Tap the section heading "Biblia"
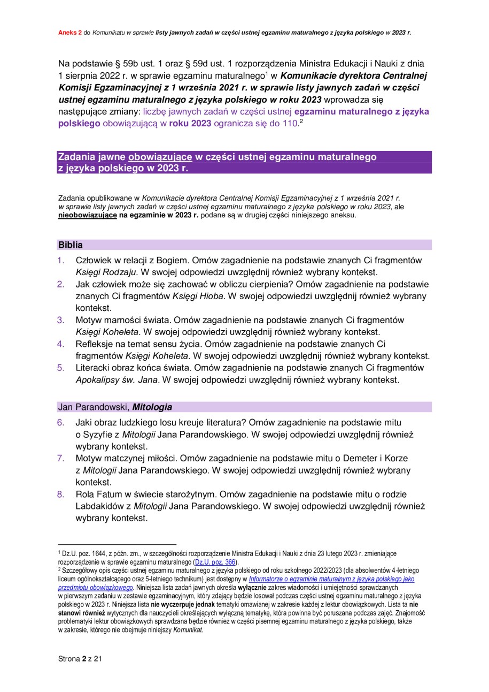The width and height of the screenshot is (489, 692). click(x=71, y=245)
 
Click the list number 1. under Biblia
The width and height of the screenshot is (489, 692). click(x=61, y=261)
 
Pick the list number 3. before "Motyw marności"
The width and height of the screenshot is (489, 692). click(x=61, y=320)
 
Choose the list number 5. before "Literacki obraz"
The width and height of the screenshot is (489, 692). click(x=61, y=368)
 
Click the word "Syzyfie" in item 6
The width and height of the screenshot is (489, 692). click(x=97, y=435)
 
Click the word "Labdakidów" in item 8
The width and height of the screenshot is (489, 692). click(x=99, y=506)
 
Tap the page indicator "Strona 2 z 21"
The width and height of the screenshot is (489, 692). click(x=80, y=659)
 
